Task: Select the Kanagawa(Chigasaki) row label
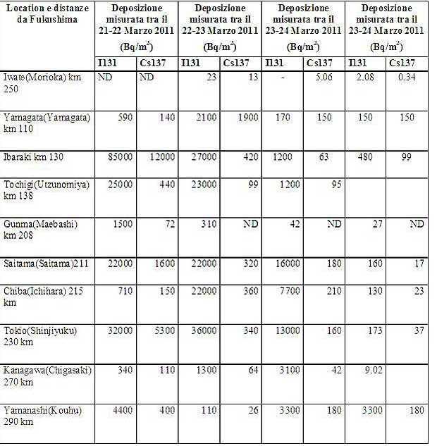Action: pyautogui.click(x=48, y=376)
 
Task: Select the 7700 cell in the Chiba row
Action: pyautogui.click(x=283, y=291)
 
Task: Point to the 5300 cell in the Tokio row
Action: pyautogui.click(x=162, y=330)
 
